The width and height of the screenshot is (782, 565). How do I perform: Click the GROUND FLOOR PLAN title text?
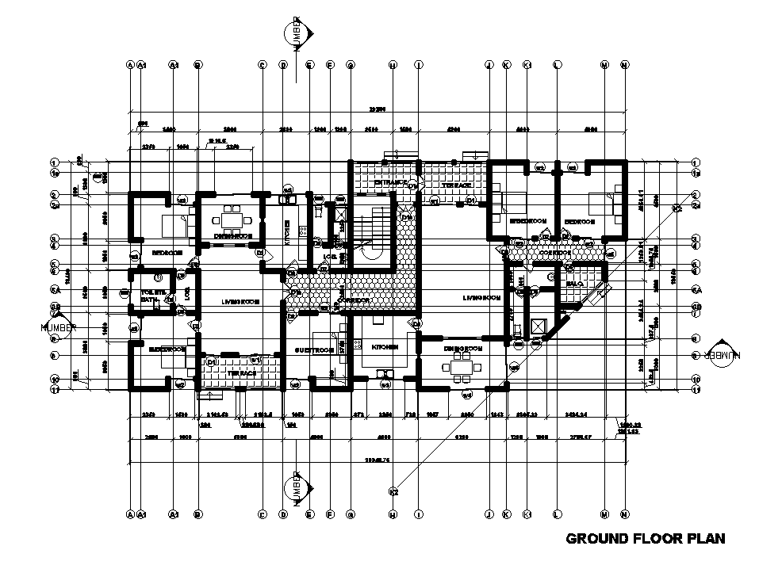tap(646, 540)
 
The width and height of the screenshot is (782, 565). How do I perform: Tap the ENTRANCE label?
tap(390, 183)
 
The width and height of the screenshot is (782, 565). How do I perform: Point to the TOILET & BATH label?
tap(153, 296)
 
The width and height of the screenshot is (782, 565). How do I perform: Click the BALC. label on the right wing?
tap(575, 283)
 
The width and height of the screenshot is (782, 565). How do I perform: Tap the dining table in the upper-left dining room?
tap(232, 217)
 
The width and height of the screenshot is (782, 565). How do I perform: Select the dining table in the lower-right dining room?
tap(462, 367)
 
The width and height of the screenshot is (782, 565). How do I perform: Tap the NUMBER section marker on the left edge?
tap(59, 326)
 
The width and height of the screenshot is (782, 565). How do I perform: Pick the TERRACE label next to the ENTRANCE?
tap(456, 185)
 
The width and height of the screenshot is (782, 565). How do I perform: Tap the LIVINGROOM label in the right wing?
tap(481, 298)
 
